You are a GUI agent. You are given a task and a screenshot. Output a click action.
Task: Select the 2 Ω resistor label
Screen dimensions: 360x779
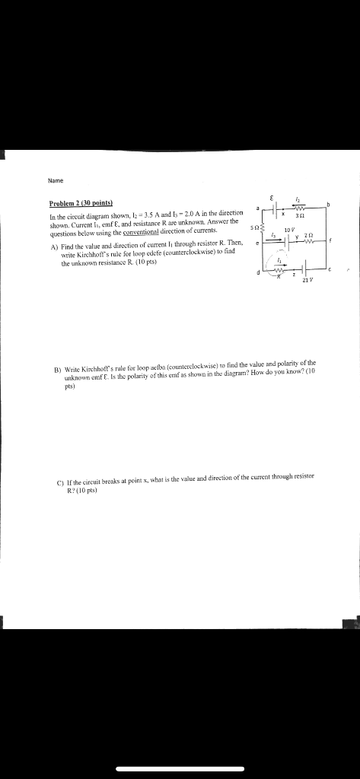307,235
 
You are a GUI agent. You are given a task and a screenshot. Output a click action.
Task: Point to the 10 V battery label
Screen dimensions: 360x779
287,229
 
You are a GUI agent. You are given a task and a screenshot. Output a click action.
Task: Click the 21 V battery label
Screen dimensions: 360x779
307,281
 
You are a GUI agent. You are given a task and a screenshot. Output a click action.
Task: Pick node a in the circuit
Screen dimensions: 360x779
258,207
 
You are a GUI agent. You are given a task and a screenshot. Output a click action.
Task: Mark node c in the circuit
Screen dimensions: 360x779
330,269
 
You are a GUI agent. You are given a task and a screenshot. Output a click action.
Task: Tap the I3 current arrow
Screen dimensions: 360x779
272,235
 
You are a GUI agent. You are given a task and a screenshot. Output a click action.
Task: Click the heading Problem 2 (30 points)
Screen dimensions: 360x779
81,204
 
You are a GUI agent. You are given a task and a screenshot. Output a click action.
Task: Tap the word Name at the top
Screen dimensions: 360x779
54,180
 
